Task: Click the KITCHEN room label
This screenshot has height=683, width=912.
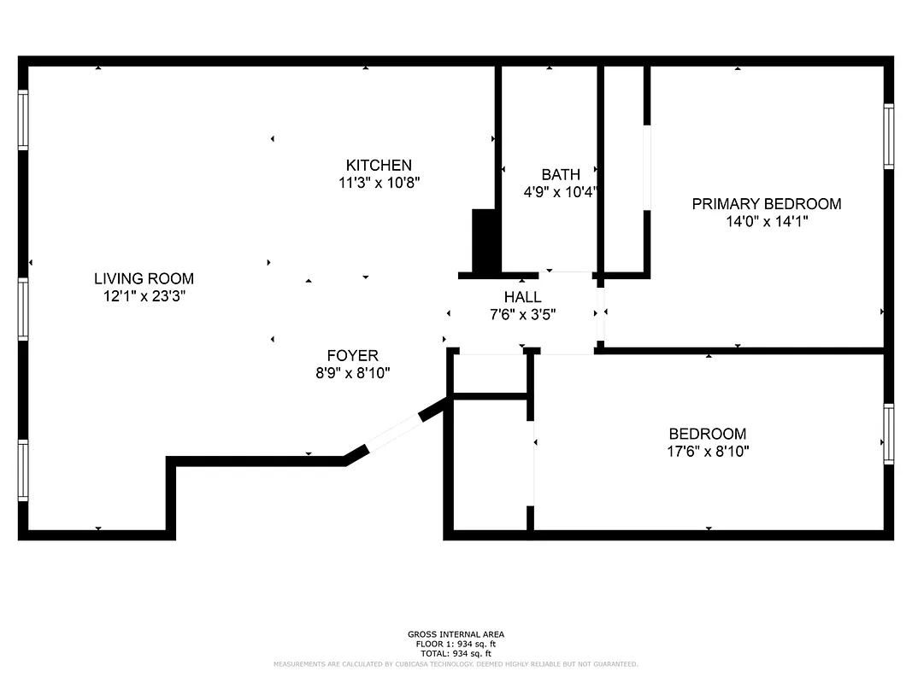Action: [379, 165]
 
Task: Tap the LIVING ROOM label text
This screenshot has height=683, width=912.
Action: [144, 278]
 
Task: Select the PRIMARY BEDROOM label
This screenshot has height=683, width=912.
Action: [766, 203]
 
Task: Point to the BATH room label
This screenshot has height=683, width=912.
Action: [560, 175]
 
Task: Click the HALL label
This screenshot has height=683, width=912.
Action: [522, 297]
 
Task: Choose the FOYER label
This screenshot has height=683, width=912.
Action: [352, 355]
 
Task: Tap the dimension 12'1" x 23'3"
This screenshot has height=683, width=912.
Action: [144, 296]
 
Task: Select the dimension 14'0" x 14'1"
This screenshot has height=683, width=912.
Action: [766, 221]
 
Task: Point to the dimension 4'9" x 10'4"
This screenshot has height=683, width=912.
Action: [560, 193]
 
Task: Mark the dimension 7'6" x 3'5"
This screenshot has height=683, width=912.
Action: [522, 314]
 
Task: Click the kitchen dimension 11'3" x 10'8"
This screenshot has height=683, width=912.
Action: [379, 182]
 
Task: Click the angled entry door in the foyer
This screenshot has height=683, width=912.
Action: [393, 432]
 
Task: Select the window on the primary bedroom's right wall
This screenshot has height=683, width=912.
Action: [888, 137]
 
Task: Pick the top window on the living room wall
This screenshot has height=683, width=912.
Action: [23, 120]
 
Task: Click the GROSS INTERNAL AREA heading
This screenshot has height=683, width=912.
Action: [456, 634]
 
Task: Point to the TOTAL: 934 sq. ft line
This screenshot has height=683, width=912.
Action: [456, 653]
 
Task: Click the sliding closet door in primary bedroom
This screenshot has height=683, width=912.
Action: [647, 167]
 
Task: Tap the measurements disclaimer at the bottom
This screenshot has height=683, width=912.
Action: [456, 664]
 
